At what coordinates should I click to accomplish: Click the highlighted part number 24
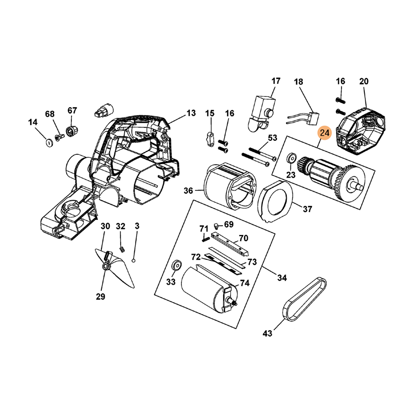point(324,134)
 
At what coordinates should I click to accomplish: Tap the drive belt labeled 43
point(306,300)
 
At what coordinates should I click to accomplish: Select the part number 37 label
point(307,210)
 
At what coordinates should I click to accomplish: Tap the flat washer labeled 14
point(48,142)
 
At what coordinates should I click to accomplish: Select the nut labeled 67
point(71,128)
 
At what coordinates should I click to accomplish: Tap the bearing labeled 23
point(291,157)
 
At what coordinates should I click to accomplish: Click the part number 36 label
point(188,191)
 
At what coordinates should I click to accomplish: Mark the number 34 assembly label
point(282,278)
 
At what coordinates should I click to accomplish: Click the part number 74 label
point(244,283)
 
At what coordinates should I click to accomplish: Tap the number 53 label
point(272,138)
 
